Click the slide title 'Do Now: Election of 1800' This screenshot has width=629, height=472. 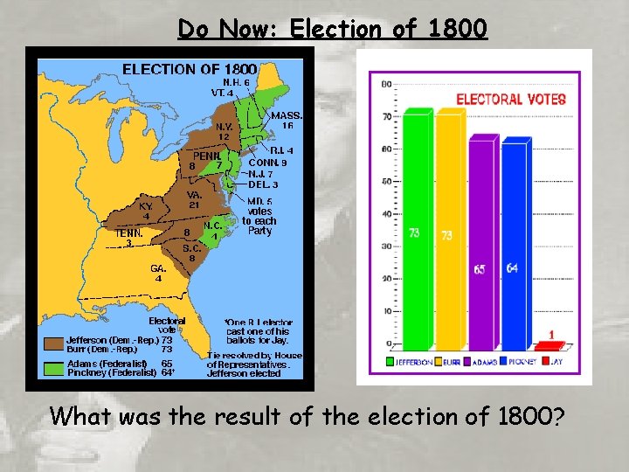point(332,29)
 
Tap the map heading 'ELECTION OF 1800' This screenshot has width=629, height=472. point(189,68)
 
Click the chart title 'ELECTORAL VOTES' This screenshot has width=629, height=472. point(511,100)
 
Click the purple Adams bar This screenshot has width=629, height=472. point(481,249)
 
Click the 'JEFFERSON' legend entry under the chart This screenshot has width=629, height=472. point(411,360)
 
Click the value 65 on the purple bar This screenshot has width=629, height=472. point(480,269)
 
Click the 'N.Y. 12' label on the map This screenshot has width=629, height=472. point(224,131)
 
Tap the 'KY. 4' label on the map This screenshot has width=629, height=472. point(147,211)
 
